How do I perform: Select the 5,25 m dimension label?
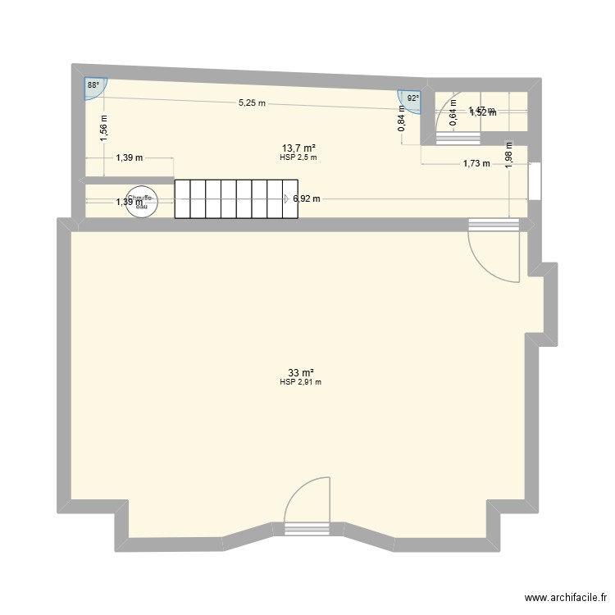click(x=252, y=103)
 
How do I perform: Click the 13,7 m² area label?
click(x=297, y=148)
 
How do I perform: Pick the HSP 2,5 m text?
click(x=298, y=157)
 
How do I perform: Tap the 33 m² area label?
click(x=298, y=373)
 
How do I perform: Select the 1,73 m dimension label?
click(x=476, y=163)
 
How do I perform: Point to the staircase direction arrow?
click(x=286, y=198)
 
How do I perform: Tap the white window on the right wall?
click(x=535, y=181)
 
